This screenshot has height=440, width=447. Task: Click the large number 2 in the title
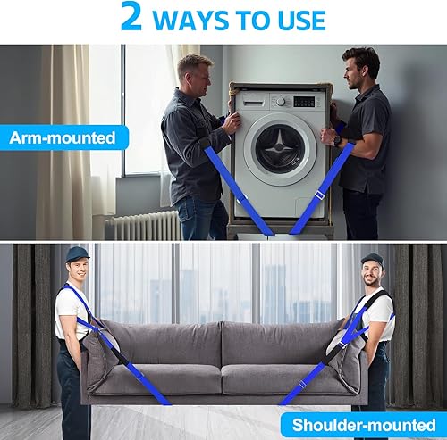131,18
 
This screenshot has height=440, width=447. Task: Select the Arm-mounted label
63,137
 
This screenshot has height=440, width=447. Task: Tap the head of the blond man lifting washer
194,69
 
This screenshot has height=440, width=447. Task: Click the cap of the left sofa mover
78,254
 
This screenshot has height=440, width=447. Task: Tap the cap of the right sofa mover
372,259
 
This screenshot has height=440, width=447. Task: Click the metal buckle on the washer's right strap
319,195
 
